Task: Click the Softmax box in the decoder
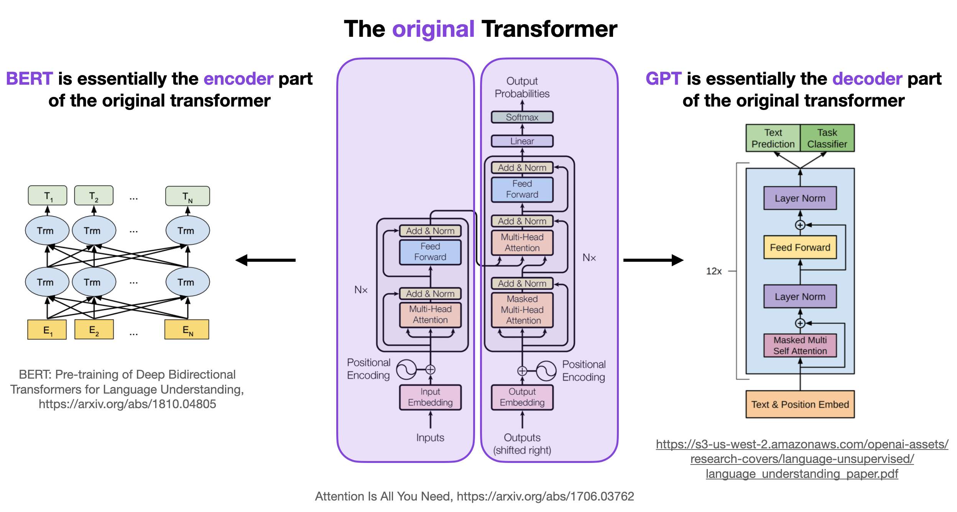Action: click(522, 117)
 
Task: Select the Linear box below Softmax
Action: click(522, 141)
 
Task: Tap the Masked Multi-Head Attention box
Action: click(522, 310)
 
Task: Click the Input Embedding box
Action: click(430, 397)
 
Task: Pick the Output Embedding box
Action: click(522, 397)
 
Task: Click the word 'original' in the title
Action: click(433, 29)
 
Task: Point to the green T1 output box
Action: click(48, 196)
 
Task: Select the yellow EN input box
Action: click(187, 330)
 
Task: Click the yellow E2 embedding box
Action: click(94, 330)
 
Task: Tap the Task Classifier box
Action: click(827, 138)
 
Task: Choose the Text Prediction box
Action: click(773, 138)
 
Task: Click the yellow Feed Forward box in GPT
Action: click(800, 248)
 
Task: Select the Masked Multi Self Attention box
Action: click(800, 346)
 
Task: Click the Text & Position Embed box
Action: click(800, 404)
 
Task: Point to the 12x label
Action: click(714, 271)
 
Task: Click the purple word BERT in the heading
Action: click(30, 79)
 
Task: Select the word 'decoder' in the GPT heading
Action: click(867, 79)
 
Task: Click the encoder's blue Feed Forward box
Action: click(430, 252)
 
